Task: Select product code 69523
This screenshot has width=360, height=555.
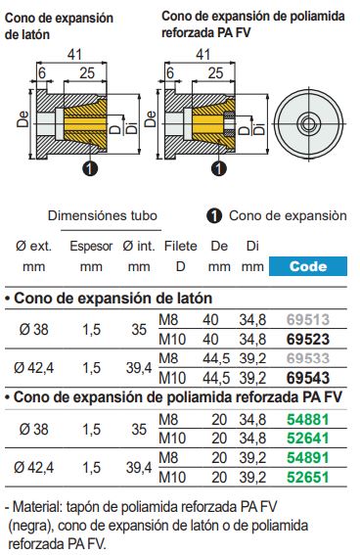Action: [x=306, y=338]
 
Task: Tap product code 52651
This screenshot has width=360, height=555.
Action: [x=306, y=478]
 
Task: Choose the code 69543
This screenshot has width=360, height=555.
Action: [x=306, y=377]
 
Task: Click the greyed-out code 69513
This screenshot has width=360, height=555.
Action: [x=306, y=320]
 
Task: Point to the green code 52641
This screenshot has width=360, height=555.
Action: [x=306, y=438]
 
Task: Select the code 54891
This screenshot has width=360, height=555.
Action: [x=306, y=459]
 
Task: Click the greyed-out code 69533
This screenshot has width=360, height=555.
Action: [x=306, y=359]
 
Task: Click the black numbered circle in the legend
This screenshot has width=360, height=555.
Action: [x=213, y=215]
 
